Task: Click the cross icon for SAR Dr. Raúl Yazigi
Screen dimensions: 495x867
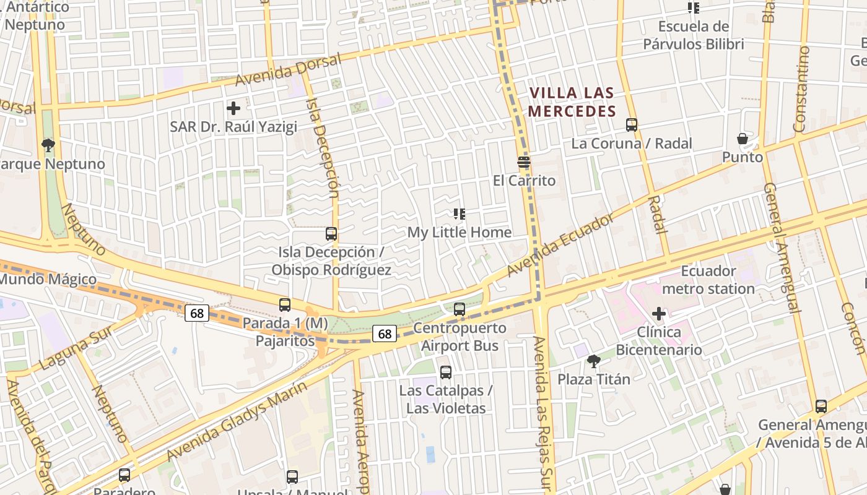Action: tap(233, 109)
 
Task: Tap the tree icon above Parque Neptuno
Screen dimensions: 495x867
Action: tap(48, 145)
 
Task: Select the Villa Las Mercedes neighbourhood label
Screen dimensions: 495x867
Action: tap(572, 103)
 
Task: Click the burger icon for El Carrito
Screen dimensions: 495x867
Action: tap(524, 163)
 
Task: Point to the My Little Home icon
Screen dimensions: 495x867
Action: tap(460, 214)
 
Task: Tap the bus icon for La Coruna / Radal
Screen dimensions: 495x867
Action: tap(632, 125)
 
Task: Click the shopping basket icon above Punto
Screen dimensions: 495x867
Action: tap(742, 139)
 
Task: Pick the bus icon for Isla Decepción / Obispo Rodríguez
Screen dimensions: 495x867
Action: tap(331, 234)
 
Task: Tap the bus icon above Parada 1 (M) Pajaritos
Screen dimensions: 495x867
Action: tap(285, 304)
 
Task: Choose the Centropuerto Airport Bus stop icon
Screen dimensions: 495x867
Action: tap(460, 309)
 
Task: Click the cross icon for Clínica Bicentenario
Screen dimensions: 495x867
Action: tap(659, 314)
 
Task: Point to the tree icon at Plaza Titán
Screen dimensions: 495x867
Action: tap(593, 361)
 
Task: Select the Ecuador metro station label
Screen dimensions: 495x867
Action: tap(708, 280)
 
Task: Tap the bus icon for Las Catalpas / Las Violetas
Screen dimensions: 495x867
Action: tap(446, 372)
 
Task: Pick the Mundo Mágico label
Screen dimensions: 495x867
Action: tap(48, 279)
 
